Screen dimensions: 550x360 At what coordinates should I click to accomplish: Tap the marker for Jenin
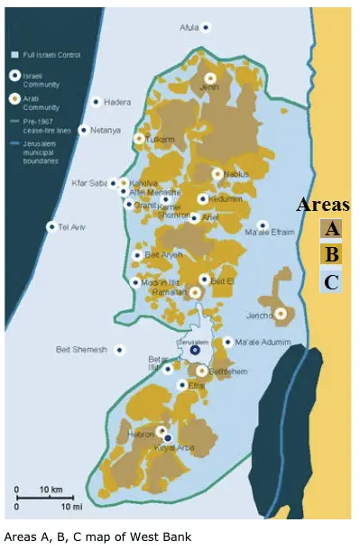210,78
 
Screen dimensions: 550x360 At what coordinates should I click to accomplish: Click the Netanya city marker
83,130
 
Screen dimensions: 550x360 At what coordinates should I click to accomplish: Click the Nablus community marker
217,173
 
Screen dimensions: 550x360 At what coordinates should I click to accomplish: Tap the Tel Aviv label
70,226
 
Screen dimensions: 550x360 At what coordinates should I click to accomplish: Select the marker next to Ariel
194,217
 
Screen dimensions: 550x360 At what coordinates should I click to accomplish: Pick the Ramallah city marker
195,292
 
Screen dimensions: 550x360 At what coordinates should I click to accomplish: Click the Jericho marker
281,314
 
